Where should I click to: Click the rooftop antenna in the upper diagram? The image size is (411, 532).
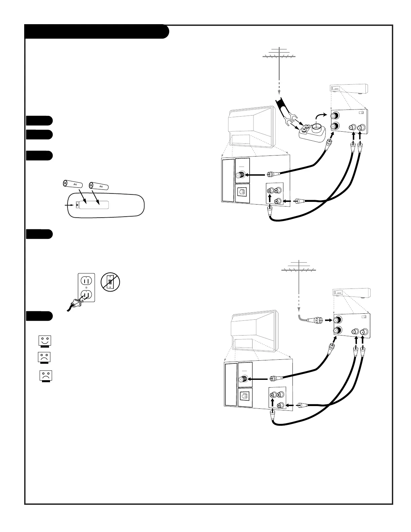click(x=279, y=55)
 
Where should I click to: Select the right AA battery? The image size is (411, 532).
click(x=99, y=186)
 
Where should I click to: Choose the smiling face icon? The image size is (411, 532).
click(x=44, y=341)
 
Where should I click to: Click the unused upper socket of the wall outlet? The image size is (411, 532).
click(x=87, y=280)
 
